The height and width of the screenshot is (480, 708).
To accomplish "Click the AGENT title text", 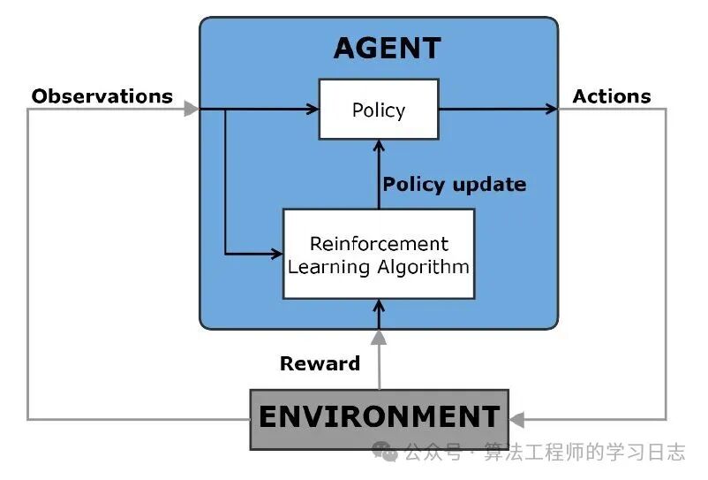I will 387,48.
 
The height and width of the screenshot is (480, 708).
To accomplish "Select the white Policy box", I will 378,110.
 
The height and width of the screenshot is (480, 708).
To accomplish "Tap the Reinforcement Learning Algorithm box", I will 378,255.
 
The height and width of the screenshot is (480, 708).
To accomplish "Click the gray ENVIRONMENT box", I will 379,418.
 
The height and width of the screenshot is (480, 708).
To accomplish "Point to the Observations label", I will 102,96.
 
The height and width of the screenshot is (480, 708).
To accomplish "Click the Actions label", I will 612,96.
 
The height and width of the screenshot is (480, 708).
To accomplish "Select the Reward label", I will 320,363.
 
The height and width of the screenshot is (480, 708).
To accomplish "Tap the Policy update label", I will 454,185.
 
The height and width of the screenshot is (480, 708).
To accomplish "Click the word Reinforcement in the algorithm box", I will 379,243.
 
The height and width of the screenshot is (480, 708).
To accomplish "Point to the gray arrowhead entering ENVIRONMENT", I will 517,419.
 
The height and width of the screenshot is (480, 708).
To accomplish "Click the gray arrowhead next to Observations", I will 191,109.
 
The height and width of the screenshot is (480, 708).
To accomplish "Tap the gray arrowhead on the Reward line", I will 379,337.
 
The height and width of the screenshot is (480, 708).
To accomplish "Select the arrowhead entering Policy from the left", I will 312,110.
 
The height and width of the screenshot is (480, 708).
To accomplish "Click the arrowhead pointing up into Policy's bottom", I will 379,145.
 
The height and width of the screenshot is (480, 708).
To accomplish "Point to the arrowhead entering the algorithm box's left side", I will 275,255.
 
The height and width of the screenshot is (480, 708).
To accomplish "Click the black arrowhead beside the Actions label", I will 552,110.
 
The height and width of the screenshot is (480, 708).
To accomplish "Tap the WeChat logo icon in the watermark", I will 385,452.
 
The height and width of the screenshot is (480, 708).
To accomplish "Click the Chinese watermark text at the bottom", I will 544,453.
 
